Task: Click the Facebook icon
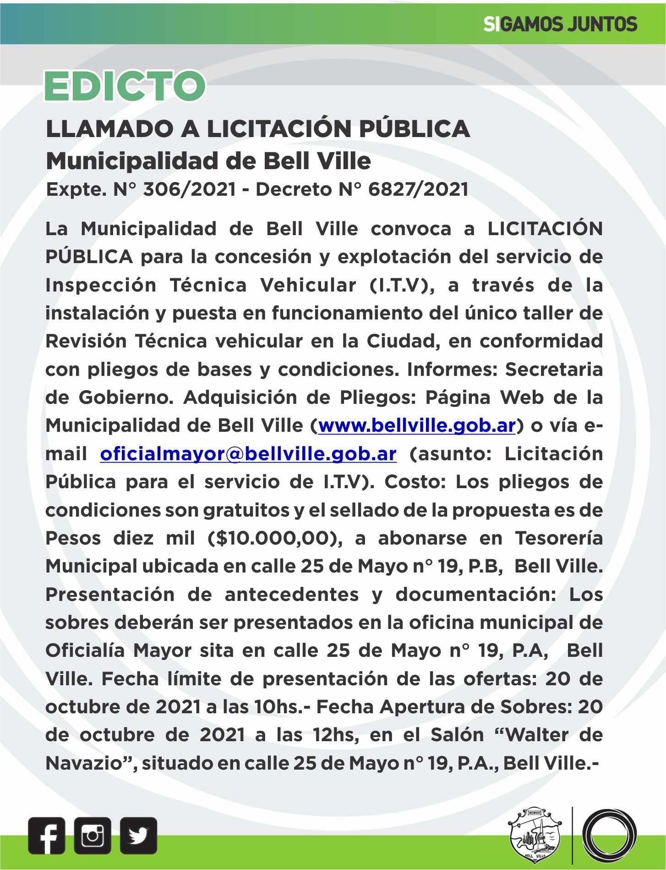click(46, 835)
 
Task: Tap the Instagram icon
click(93, 835)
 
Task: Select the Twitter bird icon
click(138, 835)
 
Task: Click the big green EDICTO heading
click(125, 86)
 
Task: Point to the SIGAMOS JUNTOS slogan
click(560, 24)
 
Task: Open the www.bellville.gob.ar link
click(417, 425)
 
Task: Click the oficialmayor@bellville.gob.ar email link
click(248, 454)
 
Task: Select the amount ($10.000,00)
click(275, 538)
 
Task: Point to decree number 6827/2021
click(418, 189)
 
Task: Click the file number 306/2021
click(190, 189)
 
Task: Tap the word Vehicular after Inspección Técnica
click(308, 285)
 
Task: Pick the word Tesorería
click(559, 538)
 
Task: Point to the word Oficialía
click(85, 650)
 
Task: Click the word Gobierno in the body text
click(126, 397)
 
